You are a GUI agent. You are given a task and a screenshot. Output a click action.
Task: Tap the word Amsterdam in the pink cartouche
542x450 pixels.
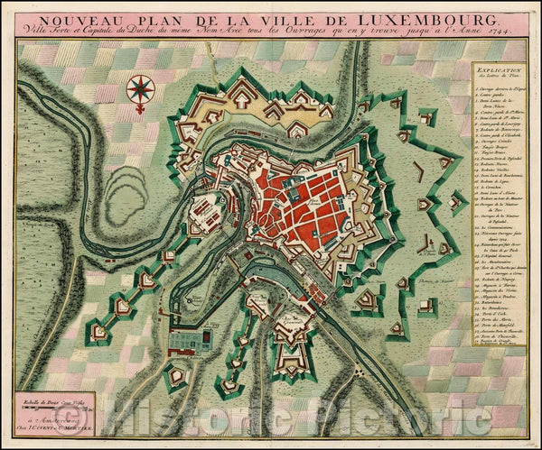tap(77, 421)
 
